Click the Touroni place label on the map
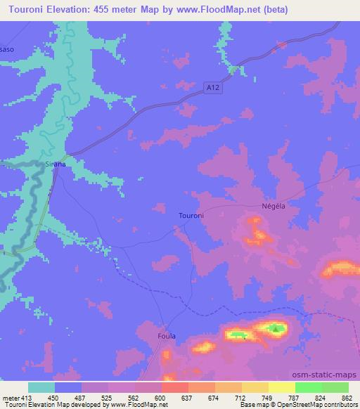coord(191,216)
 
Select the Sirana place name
coord(56,164)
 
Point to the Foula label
coord(166,336)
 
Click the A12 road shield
coord(214,86)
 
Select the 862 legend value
coord(347,397)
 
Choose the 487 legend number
coord(81,397)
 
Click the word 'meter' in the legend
coord(9,397)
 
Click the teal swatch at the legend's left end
coord(41,387)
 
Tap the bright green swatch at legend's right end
coord(335,387)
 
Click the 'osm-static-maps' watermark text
coord(329,375)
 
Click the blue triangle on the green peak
coord(276,327)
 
